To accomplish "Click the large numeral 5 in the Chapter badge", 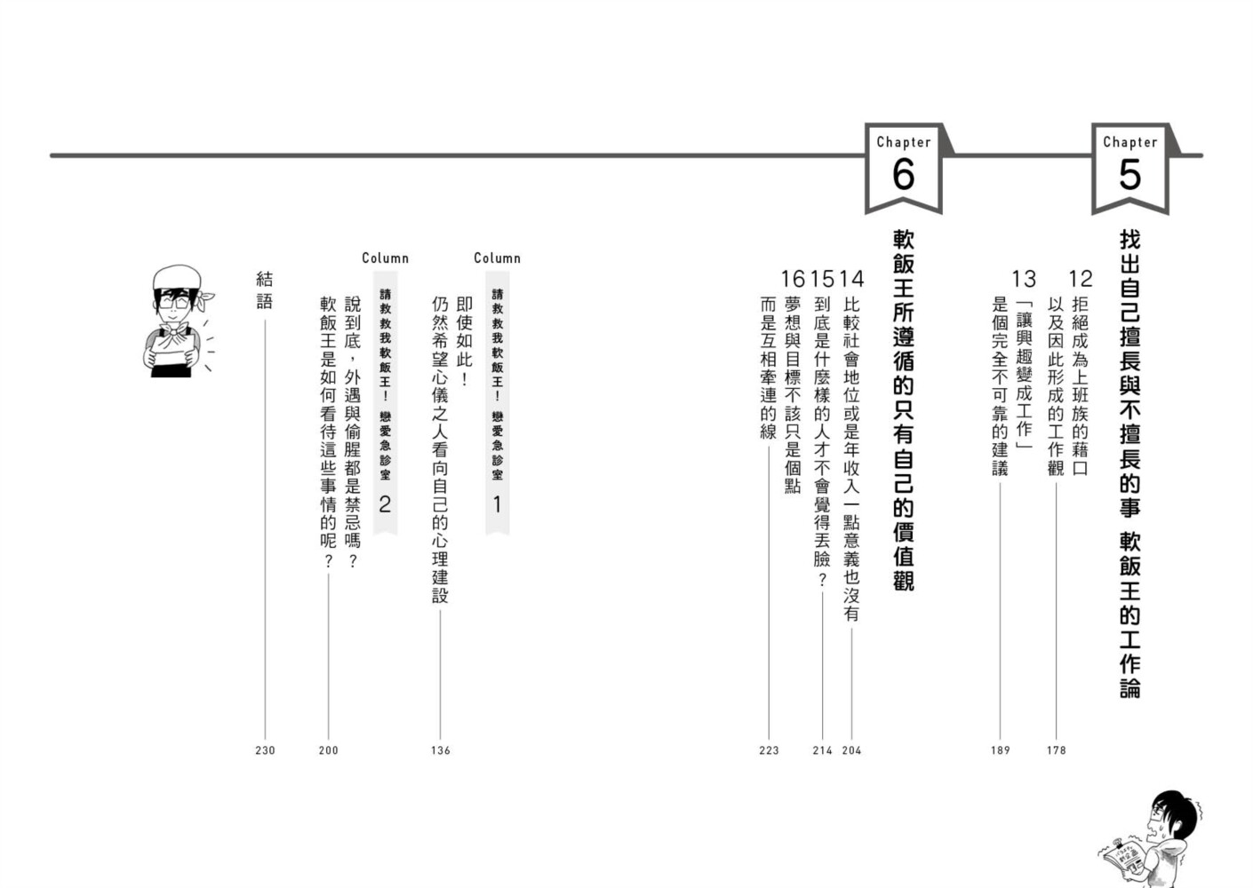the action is click(1129, 175).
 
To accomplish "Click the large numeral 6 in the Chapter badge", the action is click(903, 175).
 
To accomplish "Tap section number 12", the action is click(1081, 279).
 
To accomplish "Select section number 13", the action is click(1024, 279).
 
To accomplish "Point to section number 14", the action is click(852, 279).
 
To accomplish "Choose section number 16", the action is click(793, 279).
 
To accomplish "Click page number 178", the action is click(1056, 750).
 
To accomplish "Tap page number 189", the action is click(1001, 750).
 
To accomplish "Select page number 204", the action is click(851, 750).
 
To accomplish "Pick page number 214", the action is click(822, 750).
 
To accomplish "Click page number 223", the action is click(769, 750).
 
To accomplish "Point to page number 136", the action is click(441, 750).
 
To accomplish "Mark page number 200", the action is click(329, 750).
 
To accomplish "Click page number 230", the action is click(265, 750).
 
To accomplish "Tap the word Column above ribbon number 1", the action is click(497, 258).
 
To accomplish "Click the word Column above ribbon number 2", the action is click(385, 258).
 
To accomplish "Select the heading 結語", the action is click(265, 290).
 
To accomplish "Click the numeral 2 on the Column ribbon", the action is click(385, 504).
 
